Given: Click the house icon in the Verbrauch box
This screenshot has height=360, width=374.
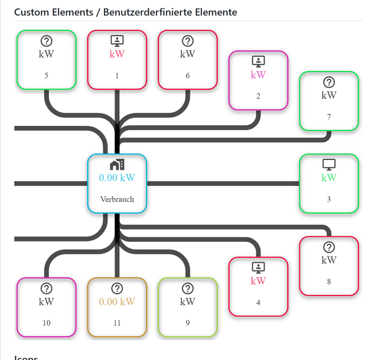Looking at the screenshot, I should (x=117, y=165).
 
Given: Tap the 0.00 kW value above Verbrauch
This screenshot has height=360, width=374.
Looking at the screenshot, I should (x=117, y=178).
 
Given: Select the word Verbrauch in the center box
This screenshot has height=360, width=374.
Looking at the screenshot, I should (x=117, y=199).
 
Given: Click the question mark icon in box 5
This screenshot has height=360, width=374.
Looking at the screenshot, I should (x=46, y=41).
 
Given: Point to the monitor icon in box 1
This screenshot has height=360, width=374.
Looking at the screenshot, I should (x=117, y=41).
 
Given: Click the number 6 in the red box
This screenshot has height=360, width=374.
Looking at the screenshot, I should (x=188, y=76).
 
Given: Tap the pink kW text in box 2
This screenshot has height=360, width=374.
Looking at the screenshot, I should (x=258, y=75).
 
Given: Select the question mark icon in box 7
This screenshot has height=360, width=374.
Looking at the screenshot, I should (x=329, y=82).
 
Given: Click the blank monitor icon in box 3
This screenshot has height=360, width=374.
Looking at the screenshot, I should (x=329, y=165).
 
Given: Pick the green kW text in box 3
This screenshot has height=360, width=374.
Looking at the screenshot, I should (x=329, y=178).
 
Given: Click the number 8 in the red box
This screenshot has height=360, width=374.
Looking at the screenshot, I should (x=329, y=282).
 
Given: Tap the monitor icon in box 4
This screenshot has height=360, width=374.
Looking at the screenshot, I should (x=258, y=267).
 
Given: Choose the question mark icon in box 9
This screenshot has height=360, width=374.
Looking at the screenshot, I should (x=188, y=288).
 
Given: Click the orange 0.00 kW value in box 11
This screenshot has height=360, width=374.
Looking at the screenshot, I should (x=117, y=301).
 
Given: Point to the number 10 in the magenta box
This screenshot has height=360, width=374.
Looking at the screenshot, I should (x=46, y=323).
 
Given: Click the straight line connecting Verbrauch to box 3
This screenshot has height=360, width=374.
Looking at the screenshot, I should (x=223, y=183).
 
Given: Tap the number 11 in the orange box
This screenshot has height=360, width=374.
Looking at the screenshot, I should (x=117, y=323).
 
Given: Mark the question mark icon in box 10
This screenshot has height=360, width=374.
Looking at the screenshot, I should (x=46, y=288).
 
